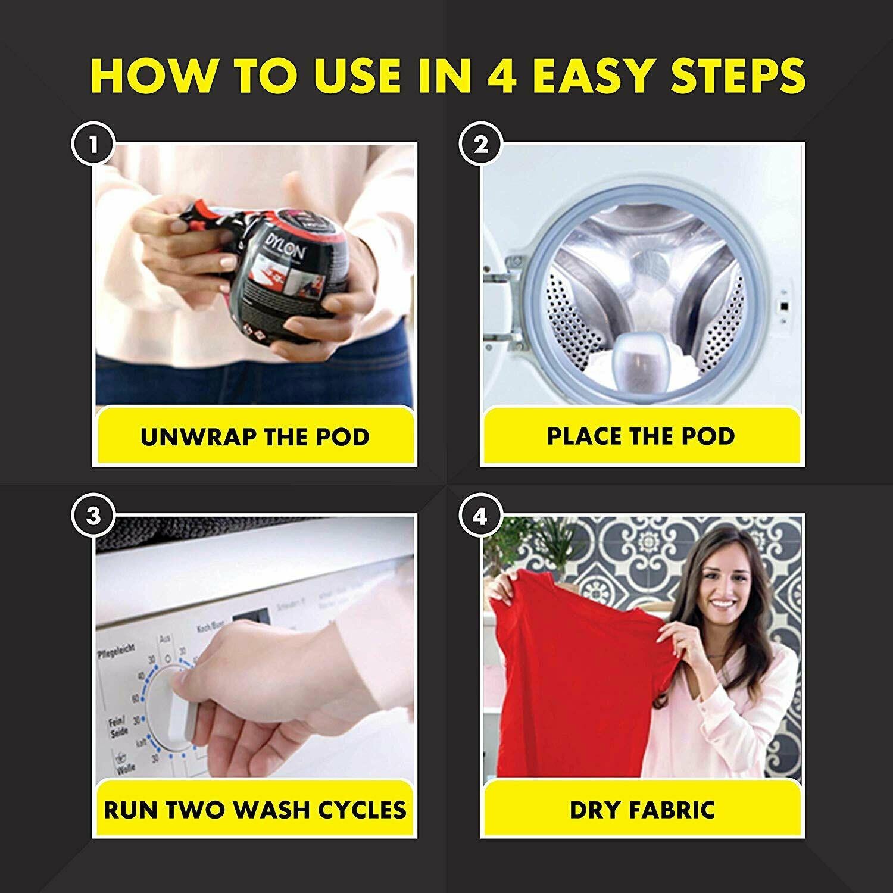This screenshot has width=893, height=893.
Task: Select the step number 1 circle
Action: pos(93,145)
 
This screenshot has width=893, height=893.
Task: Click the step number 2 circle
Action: pos(481,145)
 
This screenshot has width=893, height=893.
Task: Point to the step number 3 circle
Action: pos(93,516)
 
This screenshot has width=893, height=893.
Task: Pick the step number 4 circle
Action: pos(481,516)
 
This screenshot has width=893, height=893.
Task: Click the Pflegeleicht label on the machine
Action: pos(116,649)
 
